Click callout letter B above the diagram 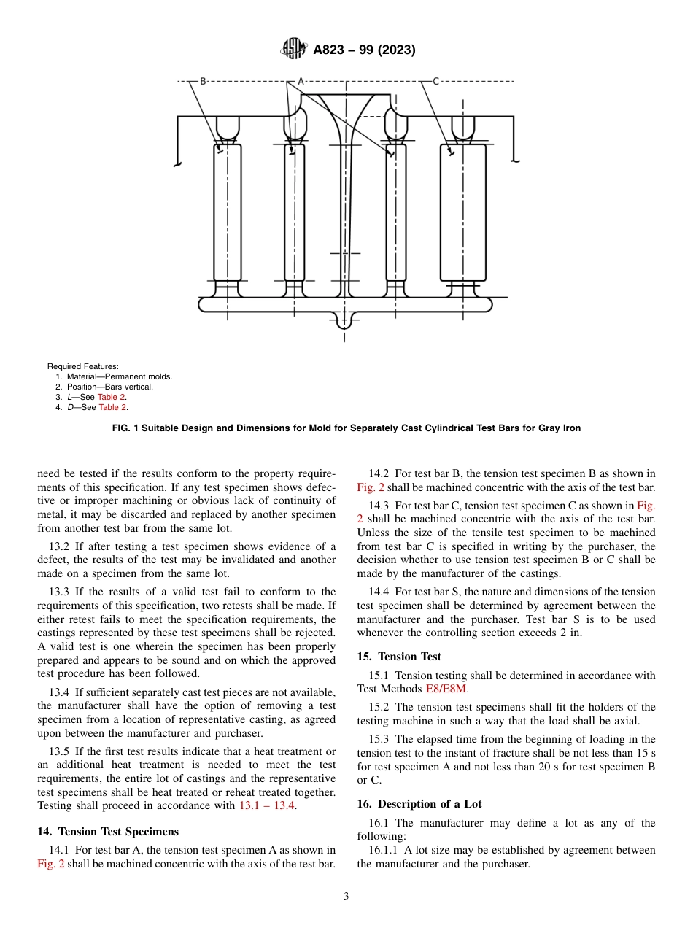coord(203,82)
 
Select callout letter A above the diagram coord(300,82)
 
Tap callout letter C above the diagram coord(435,82)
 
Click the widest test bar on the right coord(462,212)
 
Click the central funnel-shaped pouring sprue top coord(344,102)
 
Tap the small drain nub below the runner coord(344,321)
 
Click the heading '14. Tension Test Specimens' coord(107,831)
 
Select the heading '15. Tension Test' coord(399,657)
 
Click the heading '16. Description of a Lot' coord(419,804)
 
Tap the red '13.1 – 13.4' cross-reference coord(268,805)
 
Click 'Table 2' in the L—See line coord(112,397)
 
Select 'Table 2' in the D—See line coord(113,407)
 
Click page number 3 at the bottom coord(346,897)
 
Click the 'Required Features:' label coord(82,366)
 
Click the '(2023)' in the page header coord(397,50)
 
